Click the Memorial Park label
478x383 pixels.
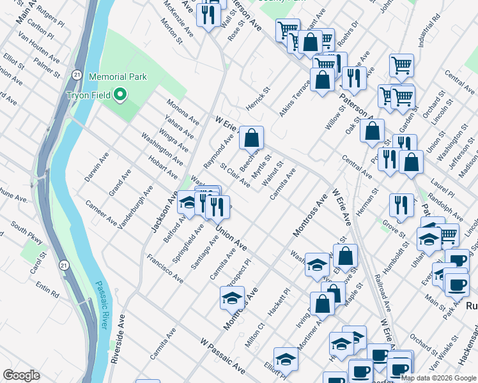[118, 77]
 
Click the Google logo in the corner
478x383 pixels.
[21, 375]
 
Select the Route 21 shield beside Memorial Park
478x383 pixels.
[76, 74]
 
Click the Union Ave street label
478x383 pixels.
[231, 237]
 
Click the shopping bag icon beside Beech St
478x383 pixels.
[252, 137]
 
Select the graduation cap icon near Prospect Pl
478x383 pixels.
[233, 297]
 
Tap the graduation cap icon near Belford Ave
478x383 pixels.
[188, 202]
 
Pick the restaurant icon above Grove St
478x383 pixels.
[401, 204]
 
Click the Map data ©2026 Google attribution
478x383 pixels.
[438, 377]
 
